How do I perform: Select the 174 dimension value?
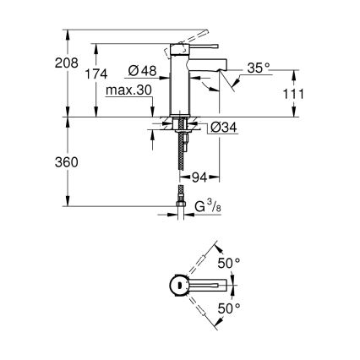point(98,75)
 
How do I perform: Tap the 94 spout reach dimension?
point(200,177)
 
